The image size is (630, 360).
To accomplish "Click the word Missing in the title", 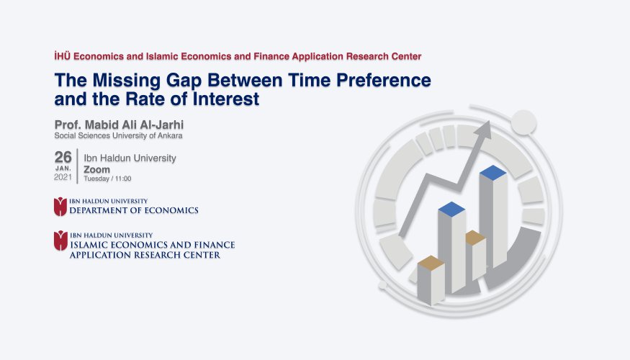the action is point(127,81).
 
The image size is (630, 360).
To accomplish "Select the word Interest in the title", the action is point(226,99).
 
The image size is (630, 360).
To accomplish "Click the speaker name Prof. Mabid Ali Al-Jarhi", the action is point(119,125).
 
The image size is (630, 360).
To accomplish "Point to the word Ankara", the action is point(170,136).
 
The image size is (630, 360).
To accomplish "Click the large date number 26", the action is point(63,157).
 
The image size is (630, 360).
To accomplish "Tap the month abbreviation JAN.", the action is point(63,168).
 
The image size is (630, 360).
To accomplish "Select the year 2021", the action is point(63,177).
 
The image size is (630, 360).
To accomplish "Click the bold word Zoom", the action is point(96,169).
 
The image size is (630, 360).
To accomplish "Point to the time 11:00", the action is point(123,179).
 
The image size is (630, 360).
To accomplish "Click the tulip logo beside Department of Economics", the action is point(60,207).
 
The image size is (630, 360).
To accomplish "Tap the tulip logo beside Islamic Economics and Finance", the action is point(60,240).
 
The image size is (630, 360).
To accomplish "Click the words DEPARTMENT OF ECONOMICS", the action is point(134,210).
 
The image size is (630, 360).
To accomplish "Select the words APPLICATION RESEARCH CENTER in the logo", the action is point(145,255).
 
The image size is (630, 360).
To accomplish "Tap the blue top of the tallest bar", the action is point(493,172).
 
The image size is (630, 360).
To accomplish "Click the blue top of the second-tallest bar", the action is point(451,210).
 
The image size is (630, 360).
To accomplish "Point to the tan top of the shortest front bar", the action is point(431,262).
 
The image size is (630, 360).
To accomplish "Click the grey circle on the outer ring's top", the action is point(523,122).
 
